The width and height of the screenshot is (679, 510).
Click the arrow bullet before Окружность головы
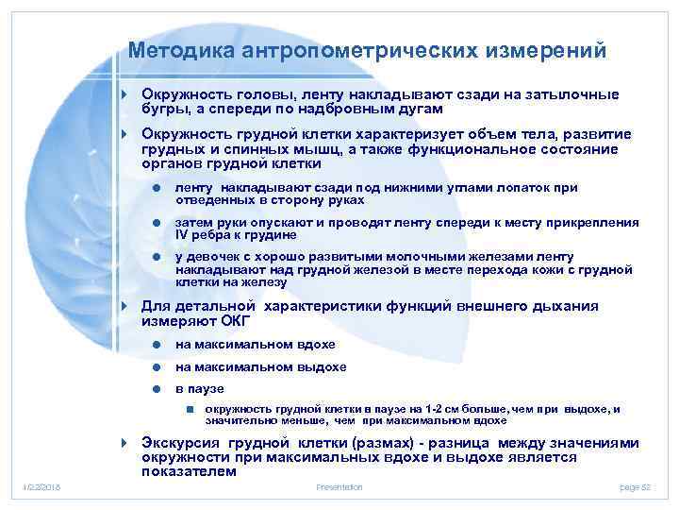(x=124, y=95)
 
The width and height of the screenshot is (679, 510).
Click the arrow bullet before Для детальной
(x=124, y=307)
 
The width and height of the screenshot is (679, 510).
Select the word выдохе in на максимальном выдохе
(x=323, y=366)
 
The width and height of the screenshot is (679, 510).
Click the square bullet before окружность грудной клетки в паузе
(x=190, y=409)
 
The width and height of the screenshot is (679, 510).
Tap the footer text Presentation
(x=339, y=486)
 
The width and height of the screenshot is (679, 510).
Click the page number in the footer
(x=636, y=486)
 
